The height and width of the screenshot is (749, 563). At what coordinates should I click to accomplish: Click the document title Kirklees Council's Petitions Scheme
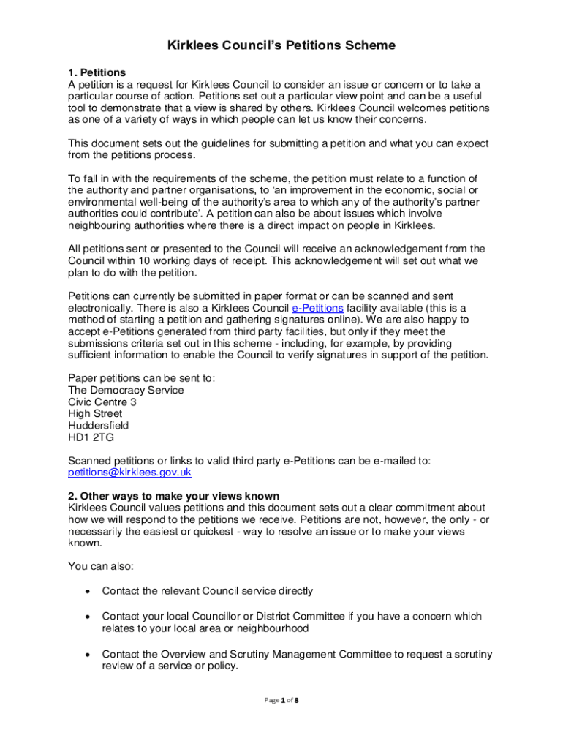[281, 45]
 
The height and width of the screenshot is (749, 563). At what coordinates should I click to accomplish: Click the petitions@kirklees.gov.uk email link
[129, 472]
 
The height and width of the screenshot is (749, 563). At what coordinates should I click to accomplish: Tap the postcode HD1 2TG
[91, 437]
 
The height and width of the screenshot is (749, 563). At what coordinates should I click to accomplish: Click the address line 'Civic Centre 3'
[102, 402]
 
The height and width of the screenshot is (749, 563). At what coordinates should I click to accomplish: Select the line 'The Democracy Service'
[125, 390]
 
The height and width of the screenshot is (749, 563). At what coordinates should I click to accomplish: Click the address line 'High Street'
[95, 413]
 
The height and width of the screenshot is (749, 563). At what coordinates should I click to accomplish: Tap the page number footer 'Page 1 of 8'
[281, 700]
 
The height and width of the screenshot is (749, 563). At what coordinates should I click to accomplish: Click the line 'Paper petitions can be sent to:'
[141, 378]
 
